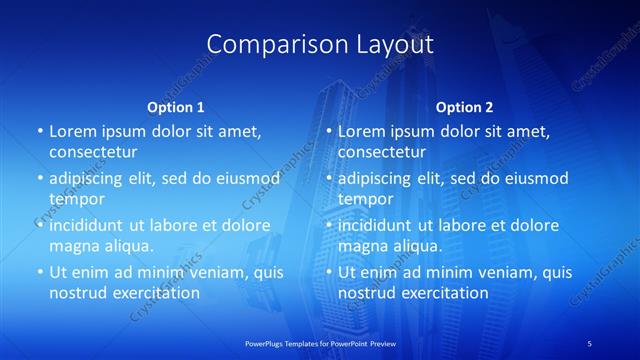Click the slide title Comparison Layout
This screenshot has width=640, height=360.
coord(320,44)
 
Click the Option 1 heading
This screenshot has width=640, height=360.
coord(176,107)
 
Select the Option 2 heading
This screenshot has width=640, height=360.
coord(464,107)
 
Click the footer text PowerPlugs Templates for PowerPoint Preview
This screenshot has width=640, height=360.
coord(320,343)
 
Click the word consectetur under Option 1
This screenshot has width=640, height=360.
coord(93,152)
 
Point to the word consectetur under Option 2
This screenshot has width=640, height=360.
coord(382,152)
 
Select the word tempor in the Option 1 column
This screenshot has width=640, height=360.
coord(77,199)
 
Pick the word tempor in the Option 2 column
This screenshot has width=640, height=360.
coord(366,199)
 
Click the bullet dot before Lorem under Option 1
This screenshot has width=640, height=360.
coord(40,132)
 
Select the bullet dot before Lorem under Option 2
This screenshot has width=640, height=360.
coord(329,132)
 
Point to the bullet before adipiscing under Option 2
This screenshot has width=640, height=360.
coord(329,179)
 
